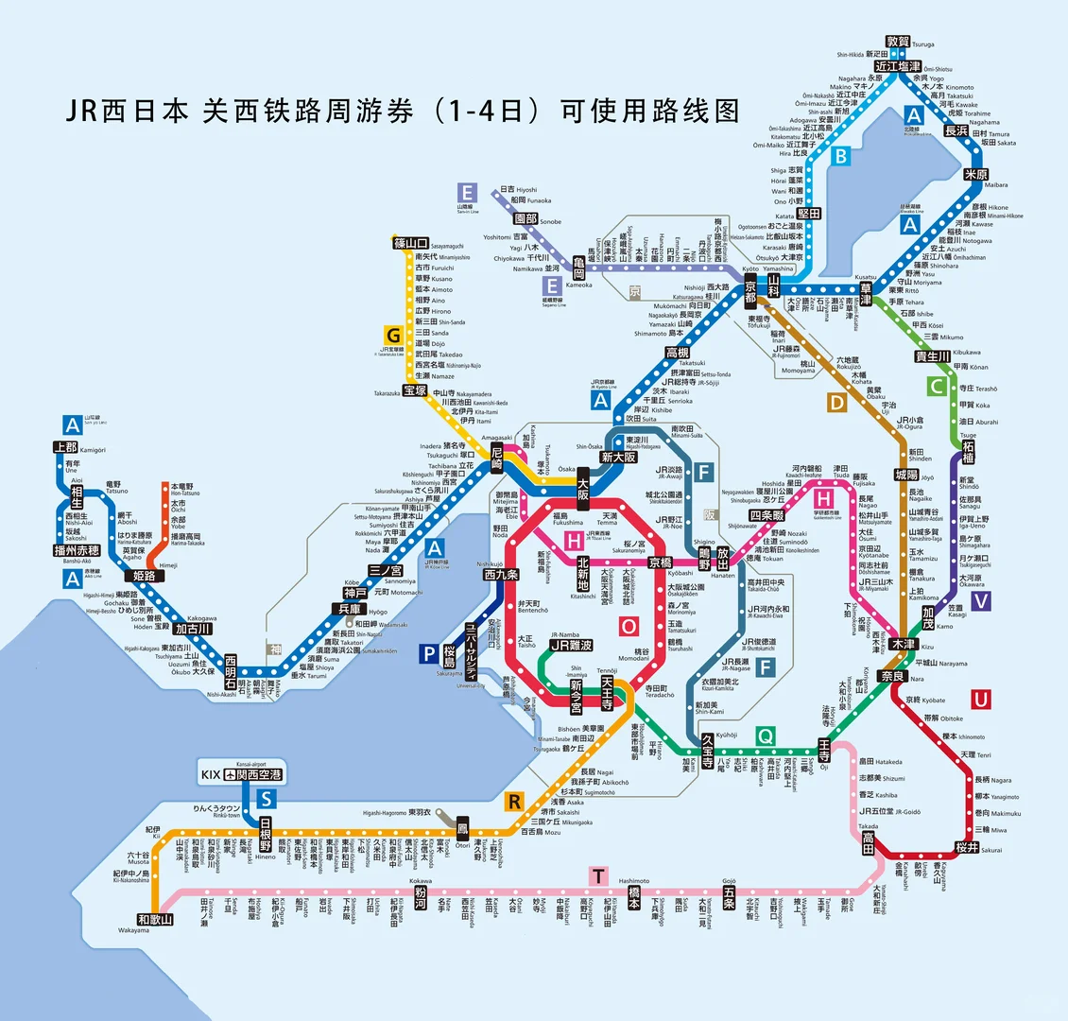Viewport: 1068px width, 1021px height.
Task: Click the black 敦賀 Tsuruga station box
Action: (899, 42)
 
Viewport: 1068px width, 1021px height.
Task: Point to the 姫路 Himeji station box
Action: (145, 576)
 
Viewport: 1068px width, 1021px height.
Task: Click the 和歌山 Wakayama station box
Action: (156, 918)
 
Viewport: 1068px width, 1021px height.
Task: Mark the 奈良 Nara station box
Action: (892, 676)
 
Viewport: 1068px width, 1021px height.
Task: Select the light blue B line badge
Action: (840, 157)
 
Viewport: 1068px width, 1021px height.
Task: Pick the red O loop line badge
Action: (629, 625)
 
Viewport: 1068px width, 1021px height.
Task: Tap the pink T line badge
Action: (598, 875)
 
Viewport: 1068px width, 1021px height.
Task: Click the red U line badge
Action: (982, 699)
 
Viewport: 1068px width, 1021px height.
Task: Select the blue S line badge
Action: (267, 799)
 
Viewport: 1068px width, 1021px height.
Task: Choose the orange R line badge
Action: (514, 802)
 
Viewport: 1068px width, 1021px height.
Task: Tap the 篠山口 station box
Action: (412, 243)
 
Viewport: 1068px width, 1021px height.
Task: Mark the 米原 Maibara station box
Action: (975, 175)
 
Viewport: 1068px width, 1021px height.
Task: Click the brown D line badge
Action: (836, 403)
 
